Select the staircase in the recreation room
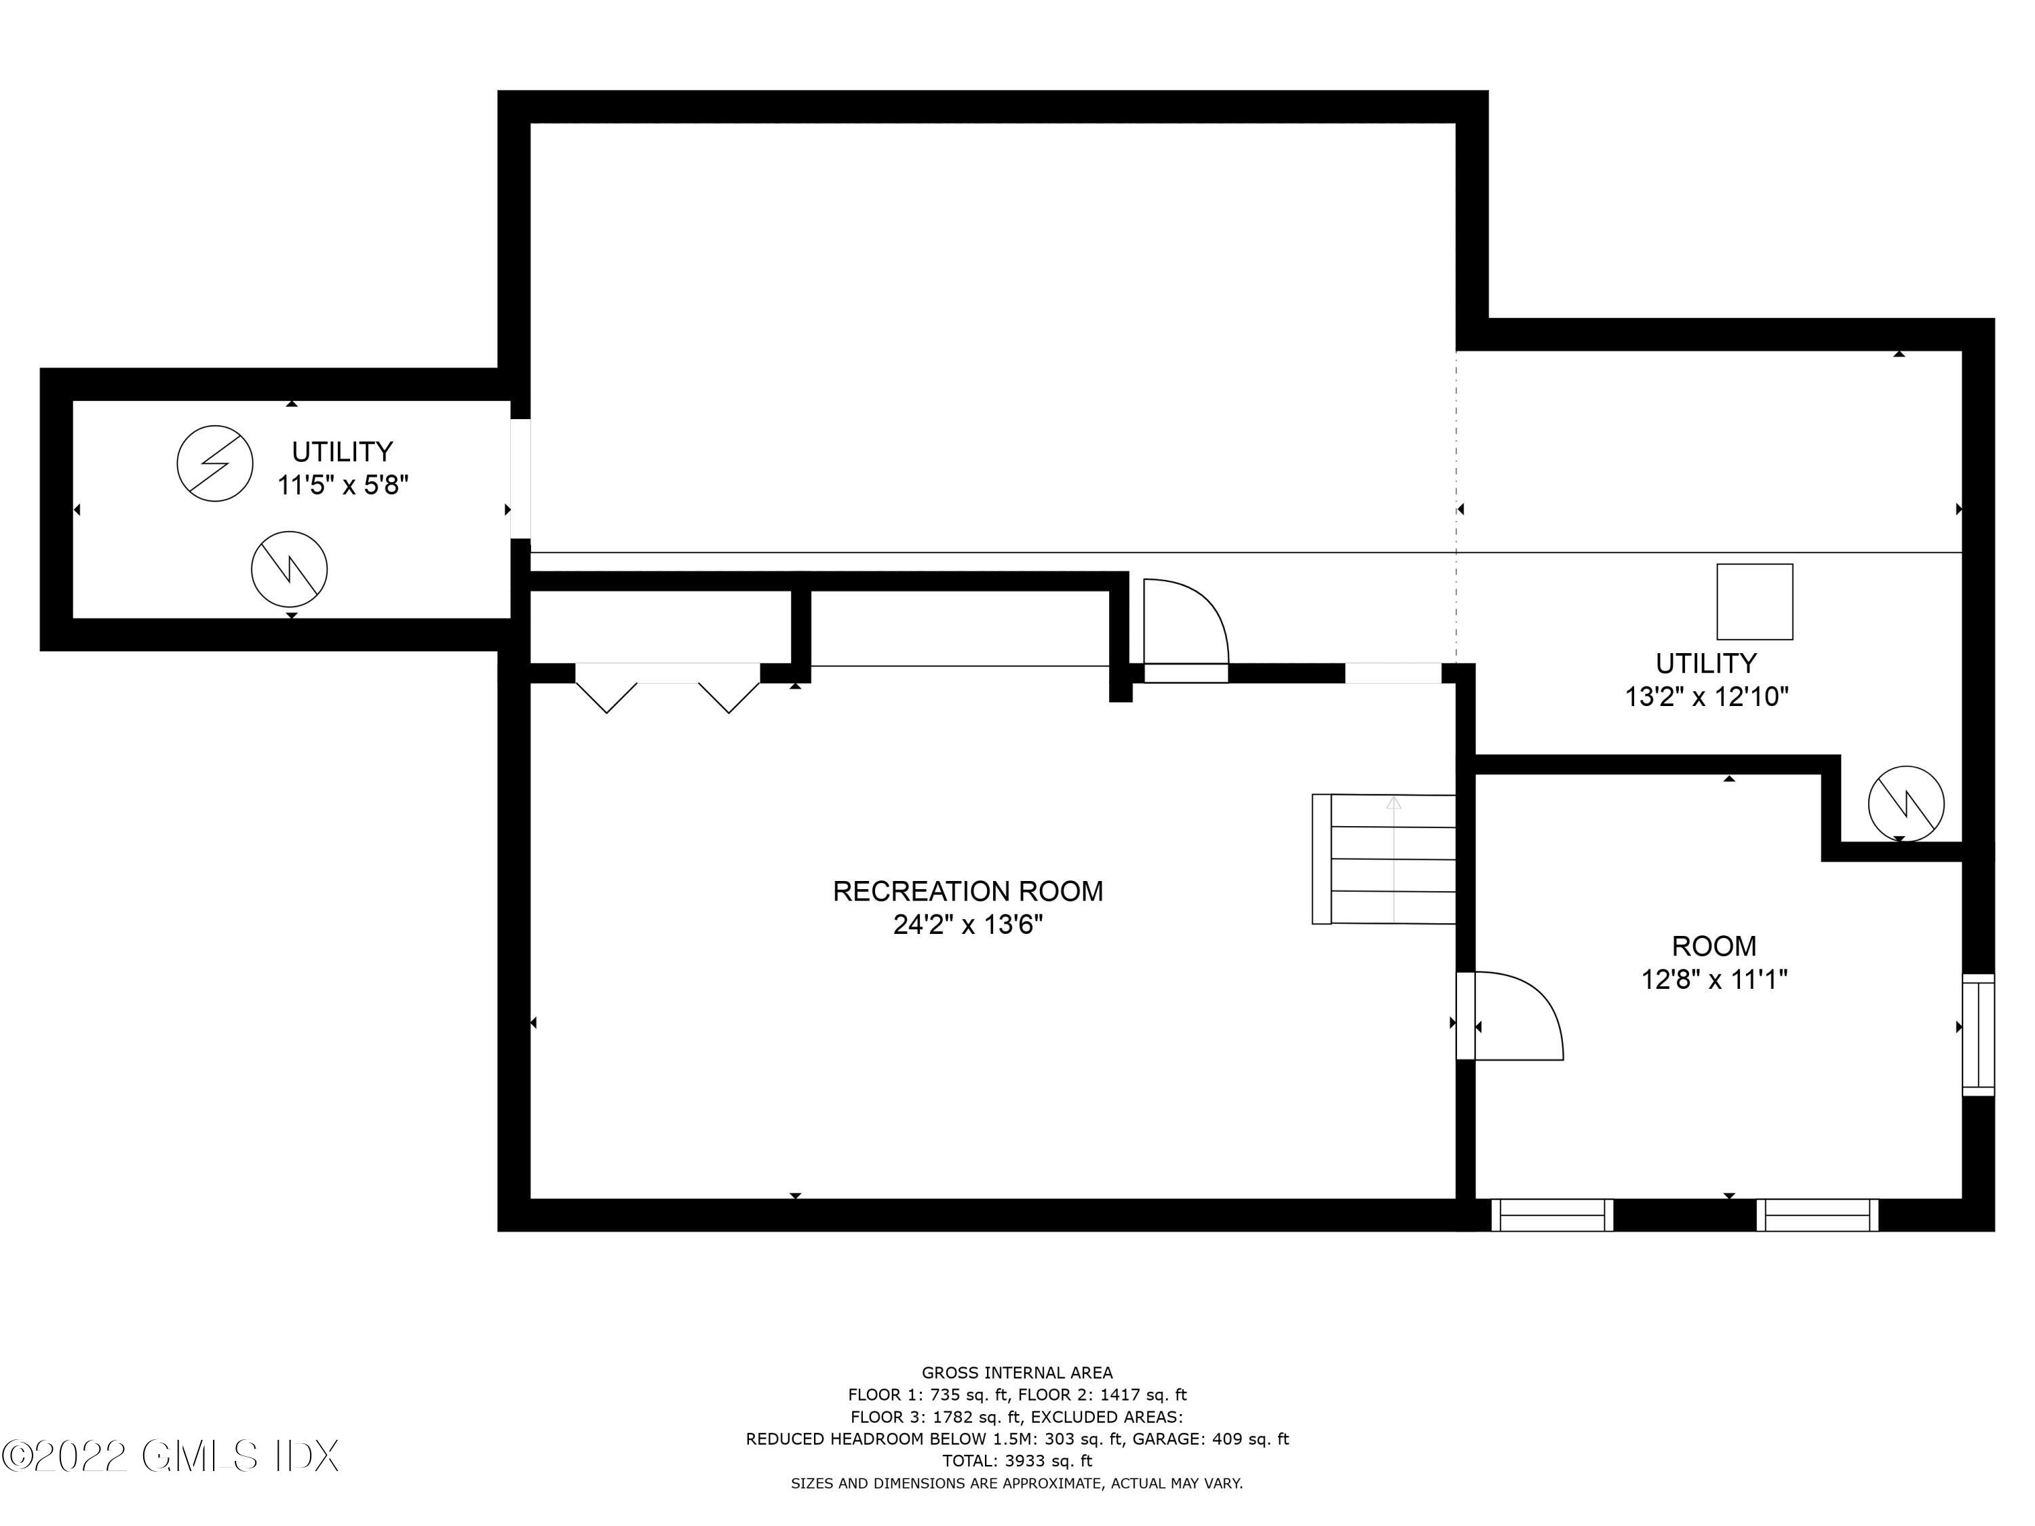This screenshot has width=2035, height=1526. click(1384, 859)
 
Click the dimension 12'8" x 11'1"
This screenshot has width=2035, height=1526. click(1713, 979)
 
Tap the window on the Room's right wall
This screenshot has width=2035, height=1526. click(1977, 1035)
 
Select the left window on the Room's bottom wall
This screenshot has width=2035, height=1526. click(1551, 1215)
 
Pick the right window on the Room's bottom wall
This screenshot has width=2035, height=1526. click(1817, 1215)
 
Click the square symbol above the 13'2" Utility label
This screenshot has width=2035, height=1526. click(1753, 602)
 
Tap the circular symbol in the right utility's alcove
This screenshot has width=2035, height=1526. click(1905, 803)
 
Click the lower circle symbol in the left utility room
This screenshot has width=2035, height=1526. click(289, 568)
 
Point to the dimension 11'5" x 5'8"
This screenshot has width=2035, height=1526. click(343, 485)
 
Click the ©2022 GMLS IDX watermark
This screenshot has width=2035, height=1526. click(170, 1456)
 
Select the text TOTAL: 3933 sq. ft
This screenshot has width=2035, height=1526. click(1017, 1461)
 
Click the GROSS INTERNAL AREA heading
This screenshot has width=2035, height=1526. click(1017, 1373)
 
